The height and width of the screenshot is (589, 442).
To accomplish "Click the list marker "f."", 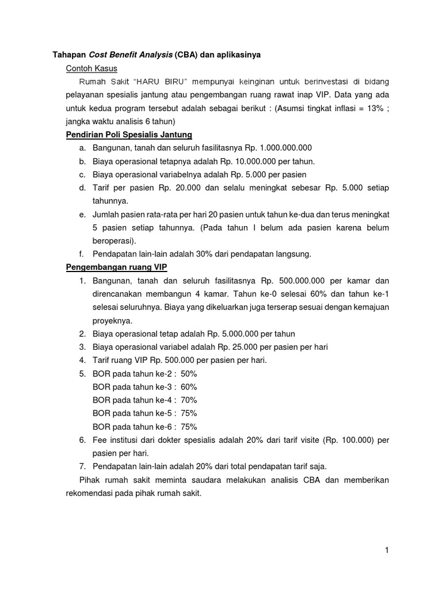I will (x=82, y=254).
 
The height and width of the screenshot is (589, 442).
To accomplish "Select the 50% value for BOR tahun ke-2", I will (x=188, y=373).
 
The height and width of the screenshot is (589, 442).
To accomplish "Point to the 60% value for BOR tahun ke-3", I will (x=188, y=387).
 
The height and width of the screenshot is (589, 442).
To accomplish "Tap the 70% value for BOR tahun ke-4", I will (x=188, y=400).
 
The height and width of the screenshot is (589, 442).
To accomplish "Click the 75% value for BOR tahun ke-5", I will (x=188, y=413).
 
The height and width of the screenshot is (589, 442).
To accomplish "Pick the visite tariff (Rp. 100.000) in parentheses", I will (x=347, y=440).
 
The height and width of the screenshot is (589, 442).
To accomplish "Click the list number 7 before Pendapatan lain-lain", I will (x=82, y=466).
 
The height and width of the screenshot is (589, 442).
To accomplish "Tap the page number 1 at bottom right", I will (x=387, y=550).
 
